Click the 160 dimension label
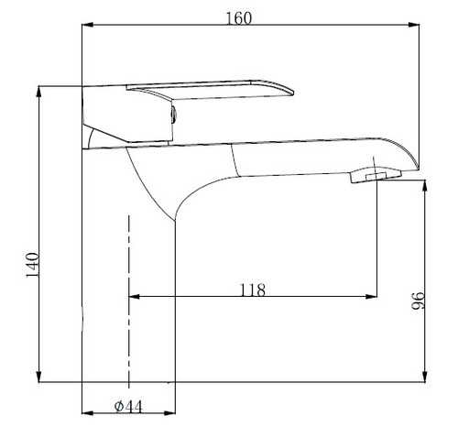pyautogui.click(x=239, y=18)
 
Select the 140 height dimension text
pyautogui.click(x=32, y=265)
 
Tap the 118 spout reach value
pyautogui.click(x=252, y=290)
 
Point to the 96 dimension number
pyautogui.click(x=418, y=301)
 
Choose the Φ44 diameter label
pyautogui.click(x=128, y=407)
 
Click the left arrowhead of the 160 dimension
pyautogui.click(x=88, y=25)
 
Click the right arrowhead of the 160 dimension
pyautogui.click(x=414, y=25)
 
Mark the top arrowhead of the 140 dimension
pyautogui.click(x=38, y=92)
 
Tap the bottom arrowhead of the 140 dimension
pyautogui.click(x=38, y=377)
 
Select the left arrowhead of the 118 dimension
pyautogui.click(x=135, y=296)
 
